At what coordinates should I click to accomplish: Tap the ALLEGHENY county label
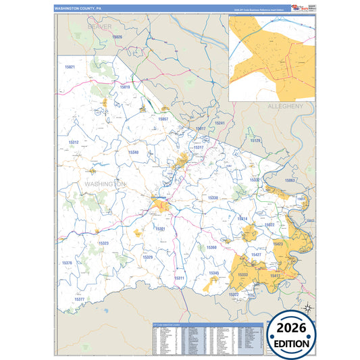coord(286,107)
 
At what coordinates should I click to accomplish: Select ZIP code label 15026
coord(118,37)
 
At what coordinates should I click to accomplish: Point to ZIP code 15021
coord(70,68)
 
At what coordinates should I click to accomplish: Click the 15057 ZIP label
coord(163,119)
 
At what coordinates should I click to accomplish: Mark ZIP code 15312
coord(74,143)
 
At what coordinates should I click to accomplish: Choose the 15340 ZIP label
coord(134,153)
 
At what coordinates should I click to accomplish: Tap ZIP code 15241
coord(220,124)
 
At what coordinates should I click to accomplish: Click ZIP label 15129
coord(255,140)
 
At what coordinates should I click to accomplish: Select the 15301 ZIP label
coord(160,229)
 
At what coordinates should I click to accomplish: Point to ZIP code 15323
coord(103,243)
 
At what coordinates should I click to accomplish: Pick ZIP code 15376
coord(67,263)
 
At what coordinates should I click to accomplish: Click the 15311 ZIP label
coord(179,278)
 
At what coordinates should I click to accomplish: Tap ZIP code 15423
coord(278,244)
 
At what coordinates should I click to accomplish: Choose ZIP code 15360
coord(211,248)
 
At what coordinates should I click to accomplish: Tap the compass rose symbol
coord(307,308)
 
